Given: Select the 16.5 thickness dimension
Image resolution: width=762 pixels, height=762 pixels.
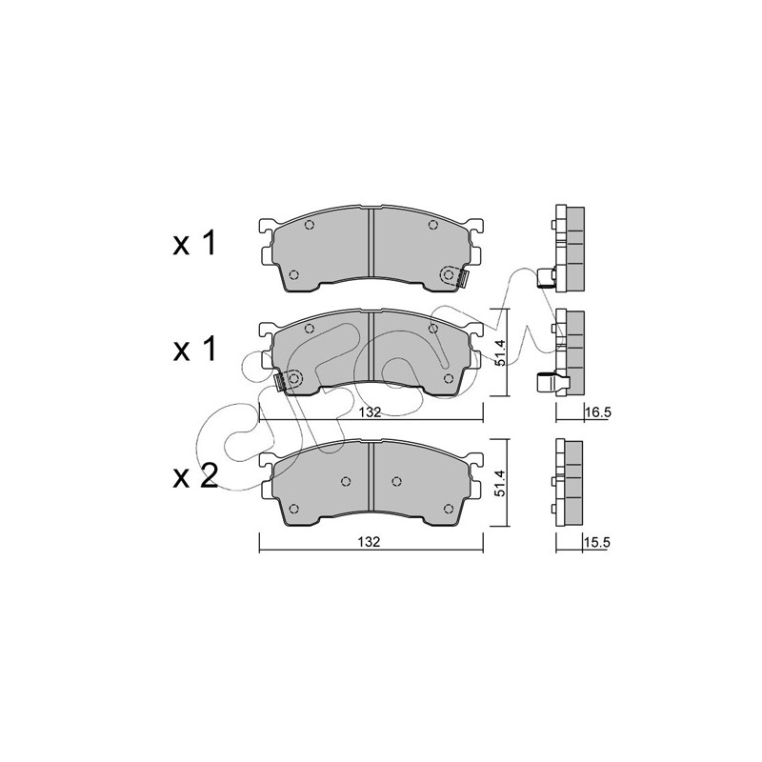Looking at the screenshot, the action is pos(598,413).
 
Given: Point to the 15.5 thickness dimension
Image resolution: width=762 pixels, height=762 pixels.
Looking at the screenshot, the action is pos(597,543).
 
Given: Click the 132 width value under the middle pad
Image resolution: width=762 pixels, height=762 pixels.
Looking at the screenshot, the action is pos(371,412).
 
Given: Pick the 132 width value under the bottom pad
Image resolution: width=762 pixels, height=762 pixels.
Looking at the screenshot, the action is pos(370,542).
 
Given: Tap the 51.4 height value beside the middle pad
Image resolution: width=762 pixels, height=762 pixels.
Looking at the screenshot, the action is pos(501,352).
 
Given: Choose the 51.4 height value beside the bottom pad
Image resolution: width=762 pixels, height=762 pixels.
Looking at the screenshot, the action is pos(501,483).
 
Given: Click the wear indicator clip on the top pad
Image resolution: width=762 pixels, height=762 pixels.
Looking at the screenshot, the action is pos(463,278).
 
